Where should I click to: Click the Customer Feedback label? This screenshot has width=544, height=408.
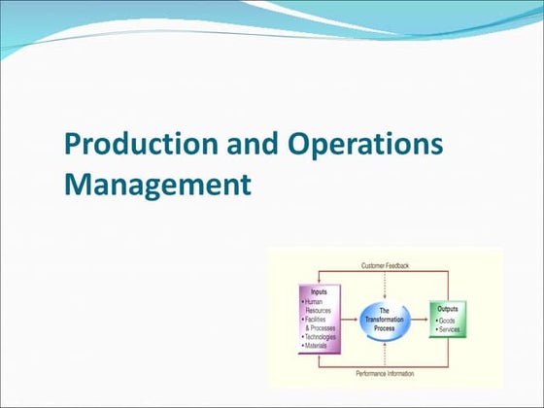(385, 265)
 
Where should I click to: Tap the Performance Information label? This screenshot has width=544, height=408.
(385, 372)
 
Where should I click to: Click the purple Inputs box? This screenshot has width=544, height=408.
(320, 320)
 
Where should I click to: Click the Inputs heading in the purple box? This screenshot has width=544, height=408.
(319, 291)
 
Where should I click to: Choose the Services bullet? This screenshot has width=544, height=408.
(448, 328)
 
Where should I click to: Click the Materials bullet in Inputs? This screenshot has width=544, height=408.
(318, 346)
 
